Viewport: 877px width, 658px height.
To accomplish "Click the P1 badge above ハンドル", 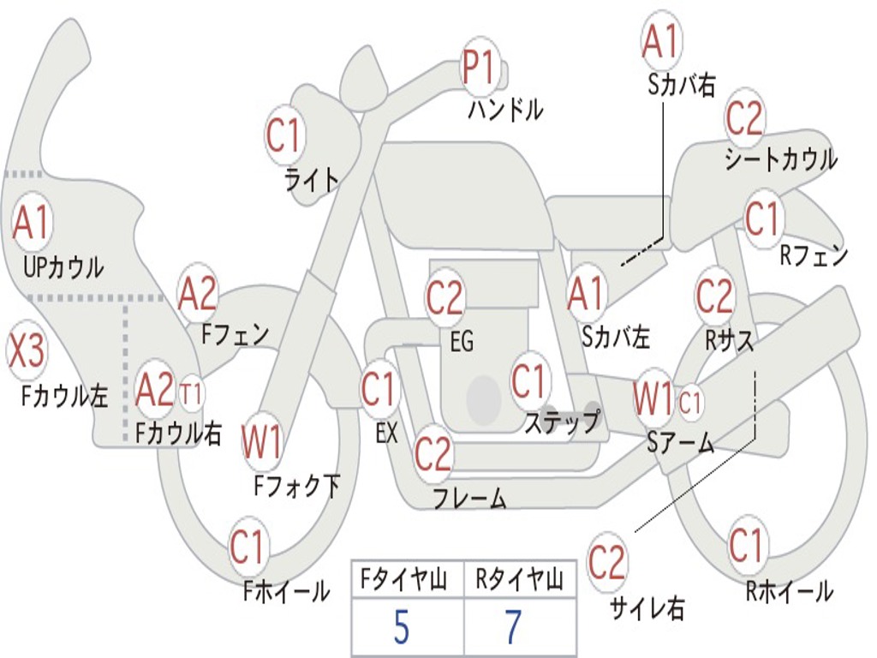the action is tap(480, 67).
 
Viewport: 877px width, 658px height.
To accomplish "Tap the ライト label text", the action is tap(311, 178).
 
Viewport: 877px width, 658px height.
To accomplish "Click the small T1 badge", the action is tap(192, 394).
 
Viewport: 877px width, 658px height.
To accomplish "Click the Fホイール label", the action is tap(286, 590).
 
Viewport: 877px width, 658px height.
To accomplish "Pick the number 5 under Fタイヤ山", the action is tap(401, 628).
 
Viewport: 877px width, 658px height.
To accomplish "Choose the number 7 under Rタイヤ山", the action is tap(512, 628).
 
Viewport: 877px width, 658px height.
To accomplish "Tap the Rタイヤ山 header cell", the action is tap(519, 581).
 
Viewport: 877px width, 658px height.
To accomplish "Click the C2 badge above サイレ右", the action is tap(606, 563).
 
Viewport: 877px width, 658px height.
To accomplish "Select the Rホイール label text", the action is tap(788, 590).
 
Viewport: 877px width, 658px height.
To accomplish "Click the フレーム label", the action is tap(468, 498).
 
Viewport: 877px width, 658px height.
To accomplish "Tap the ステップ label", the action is tap(562, 422).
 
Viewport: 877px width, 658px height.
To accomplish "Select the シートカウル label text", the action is tap(779, 159).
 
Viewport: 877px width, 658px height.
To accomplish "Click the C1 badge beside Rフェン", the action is tap(761, 219).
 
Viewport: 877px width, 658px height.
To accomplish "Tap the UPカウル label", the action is tap(63, 267).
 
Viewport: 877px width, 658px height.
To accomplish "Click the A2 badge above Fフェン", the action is tap(198, 294).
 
